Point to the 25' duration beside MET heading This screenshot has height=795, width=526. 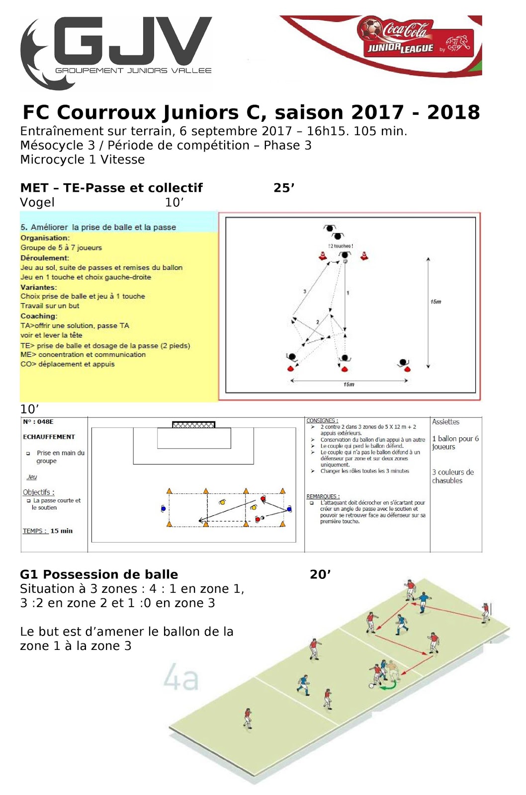(284, 188)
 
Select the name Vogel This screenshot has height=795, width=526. (37, 202)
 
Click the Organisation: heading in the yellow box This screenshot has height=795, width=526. (45, 238)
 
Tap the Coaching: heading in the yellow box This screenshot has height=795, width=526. (39, 316)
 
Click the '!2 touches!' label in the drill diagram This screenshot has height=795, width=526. (341, 246)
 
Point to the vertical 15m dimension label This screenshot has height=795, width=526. (436, 302)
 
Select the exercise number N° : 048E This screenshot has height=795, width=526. (38, 422)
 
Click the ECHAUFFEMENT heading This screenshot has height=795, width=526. (49, 437)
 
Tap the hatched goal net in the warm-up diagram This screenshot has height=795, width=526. (193, 425)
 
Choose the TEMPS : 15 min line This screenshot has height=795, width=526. (48, 531)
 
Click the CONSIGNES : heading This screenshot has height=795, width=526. (322, 421)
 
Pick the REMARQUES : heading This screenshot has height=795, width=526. (323, 496)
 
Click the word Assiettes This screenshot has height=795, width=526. (445, 422)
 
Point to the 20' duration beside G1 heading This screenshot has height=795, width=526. (320, 574)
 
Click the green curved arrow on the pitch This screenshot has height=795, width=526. (388, 686)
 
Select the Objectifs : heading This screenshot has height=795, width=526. (39, 492)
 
